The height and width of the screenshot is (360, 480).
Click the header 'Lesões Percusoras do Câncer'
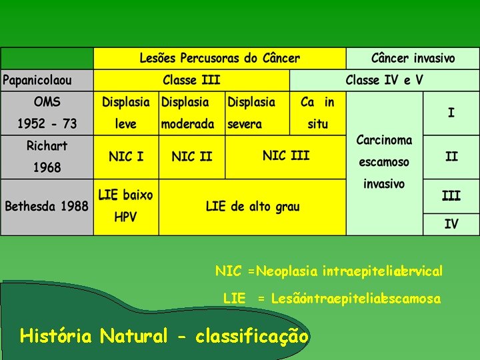click(x=219, y=58)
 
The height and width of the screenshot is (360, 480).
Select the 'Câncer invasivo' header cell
click(x=413, y=58)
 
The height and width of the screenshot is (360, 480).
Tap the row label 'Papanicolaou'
click(x=37, y=81)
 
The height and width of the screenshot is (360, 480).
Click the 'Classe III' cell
click(x=191, y=81)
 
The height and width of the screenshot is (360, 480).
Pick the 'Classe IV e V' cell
click(x=384, y=81)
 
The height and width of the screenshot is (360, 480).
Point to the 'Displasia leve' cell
click(x=125, y=113)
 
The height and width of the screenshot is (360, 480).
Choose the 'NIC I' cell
click(x=125, y=157)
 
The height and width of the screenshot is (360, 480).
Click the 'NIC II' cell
click(x=191, y=157)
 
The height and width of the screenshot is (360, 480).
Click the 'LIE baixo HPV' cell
click(x=125, y=206)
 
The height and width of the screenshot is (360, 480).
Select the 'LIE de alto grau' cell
click(x=253, y=207)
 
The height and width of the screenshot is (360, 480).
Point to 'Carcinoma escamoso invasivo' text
click(x=384, y=161)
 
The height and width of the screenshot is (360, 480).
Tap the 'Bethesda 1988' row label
click(x=47, y=206)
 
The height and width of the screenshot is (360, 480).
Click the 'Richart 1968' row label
click(x=47, y=157)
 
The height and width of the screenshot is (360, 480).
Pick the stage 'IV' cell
click(x=451, y=224)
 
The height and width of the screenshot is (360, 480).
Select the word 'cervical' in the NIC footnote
click(x=420, y=272)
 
